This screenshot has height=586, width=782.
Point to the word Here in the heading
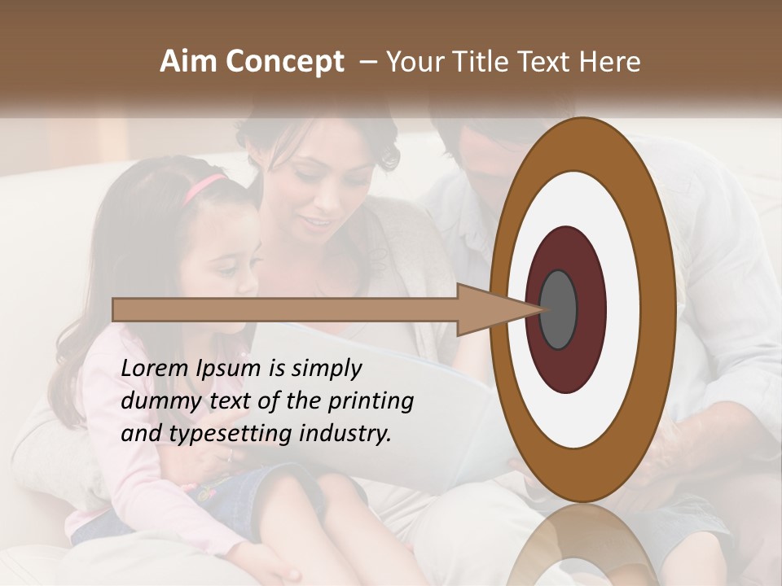[x=610, y=62]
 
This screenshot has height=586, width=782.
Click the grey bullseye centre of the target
[x=559, y=310]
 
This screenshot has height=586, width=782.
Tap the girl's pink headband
[x=204, y=186]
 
